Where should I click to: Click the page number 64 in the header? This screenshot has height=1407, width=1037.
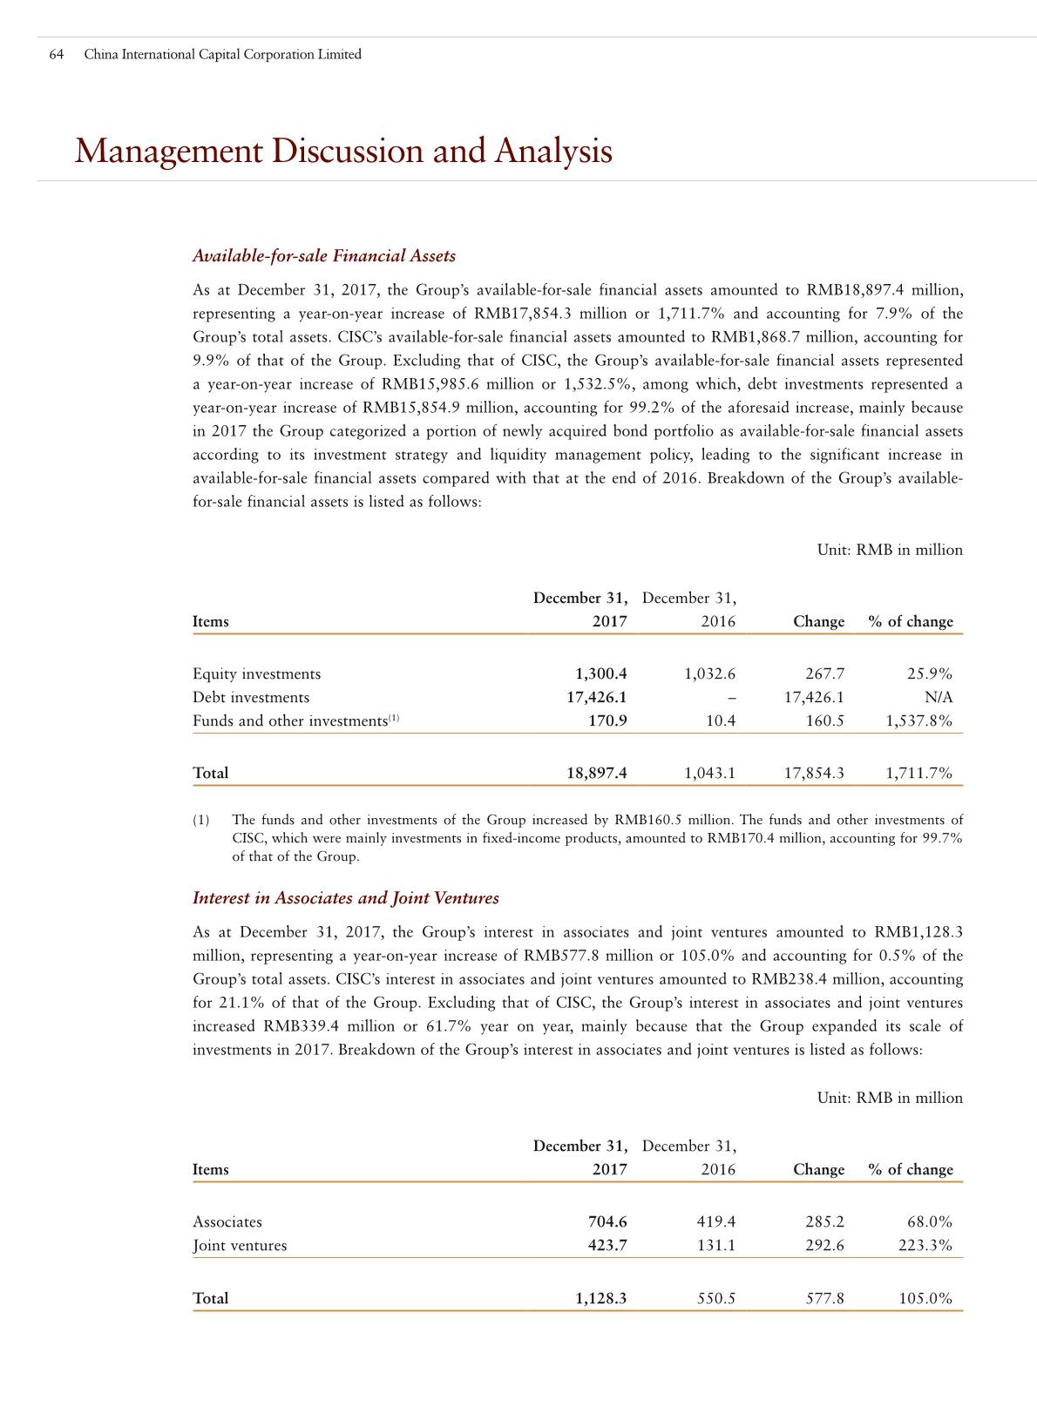coord(57,55)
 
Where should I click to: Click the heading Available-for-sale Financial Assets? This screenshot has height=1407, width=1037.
coord(323,256)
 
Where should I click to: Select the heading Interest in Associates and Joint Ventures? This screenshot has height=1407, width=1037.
coord(345,898)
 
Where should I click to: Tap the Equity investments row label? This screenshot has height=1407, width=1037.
coord(256,674)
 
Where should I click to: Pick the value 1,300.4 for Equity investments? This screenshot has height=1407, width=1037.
coord(600,674)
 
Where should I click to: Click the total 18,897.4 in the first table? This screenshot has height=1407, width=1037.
coord(596,774)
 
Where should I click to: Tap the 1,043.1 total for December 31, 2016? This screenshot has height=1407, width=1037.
coord(709,774)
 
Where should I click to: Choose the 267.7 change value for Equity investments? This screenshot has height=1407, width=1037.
coord(823,674)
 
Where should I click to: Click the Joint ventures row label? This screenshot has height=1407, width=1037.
coord(240,1246)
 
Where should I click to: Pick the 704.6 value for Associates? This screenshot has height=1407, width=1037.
coord(607,1222)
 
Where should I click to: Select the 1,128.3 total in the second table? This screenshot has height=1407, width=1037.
coord(600,1299)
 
